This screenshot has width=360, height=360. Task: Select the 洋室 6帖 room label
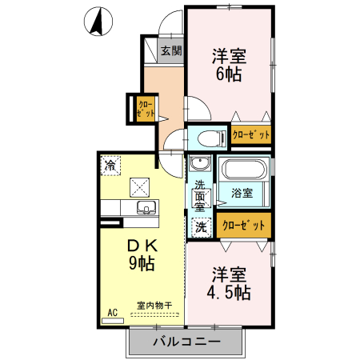point(228,65)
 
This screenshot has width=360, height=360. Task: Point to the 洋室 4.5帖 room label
point(228,282)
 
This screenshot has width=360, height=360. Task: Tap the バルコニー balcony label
point(186,343)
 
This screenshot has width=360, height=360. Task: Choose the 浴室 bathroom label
point(242,193)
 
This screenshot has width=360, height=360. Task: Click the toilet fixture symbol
point(207,136)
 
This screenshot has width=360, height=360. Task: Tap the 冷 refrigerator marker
point(109,166)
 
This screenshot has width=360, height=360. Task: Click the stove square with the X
point(140,186)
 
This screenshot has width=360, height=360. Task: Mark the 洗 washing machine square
point(200,226)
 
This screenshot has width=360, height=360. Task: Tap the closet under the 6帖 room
point(250,135)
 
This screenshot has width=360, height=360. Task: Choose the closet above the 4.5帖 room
point(243,226)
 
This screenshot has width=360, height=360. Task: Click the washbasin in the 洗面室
point(200,167)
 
